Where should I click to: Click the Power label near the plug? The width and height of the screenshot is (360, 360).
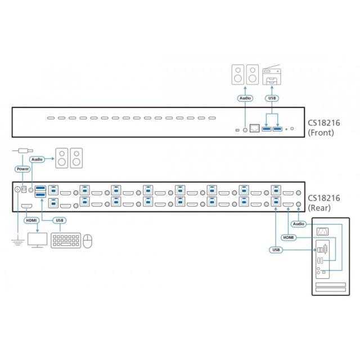pyautogui.click(x=23, y=168)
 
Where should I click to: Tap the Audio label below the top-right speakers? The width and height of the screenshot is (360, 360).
pyautogui.click(x=245, y=98)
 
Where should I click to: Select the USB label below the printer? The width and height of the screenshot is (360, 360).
pyautogui.click(x=272, y=98)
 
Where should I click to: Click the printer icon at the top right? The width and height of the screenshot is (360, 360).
pyautogui.click(x=272, y=74)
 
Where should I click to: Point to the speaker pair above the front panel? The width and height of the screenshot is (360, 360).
pyautogui.click(x=245, y=75)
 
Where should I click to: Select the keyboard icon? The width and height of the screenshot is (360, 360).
pyautogui.click(x=65, y=241)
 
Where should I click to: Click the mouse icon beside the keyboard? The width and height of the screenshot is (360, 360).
pyautogui.click(x=87, y=241)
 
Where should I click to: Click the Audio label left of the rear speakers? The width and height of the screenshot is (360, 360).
pyautogui.click(x=37, y=160)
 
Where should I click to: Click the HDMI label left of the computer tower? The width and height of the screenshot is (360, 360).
pyautogui.click(x=289, y=237)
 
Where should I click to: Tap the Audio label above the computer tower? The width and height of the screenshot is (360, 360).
pyautogui.click(x=299, y=224)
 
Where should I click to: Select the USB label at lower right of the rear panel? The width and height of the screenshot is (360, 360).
pyautogui.click(x=276, y=250)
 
